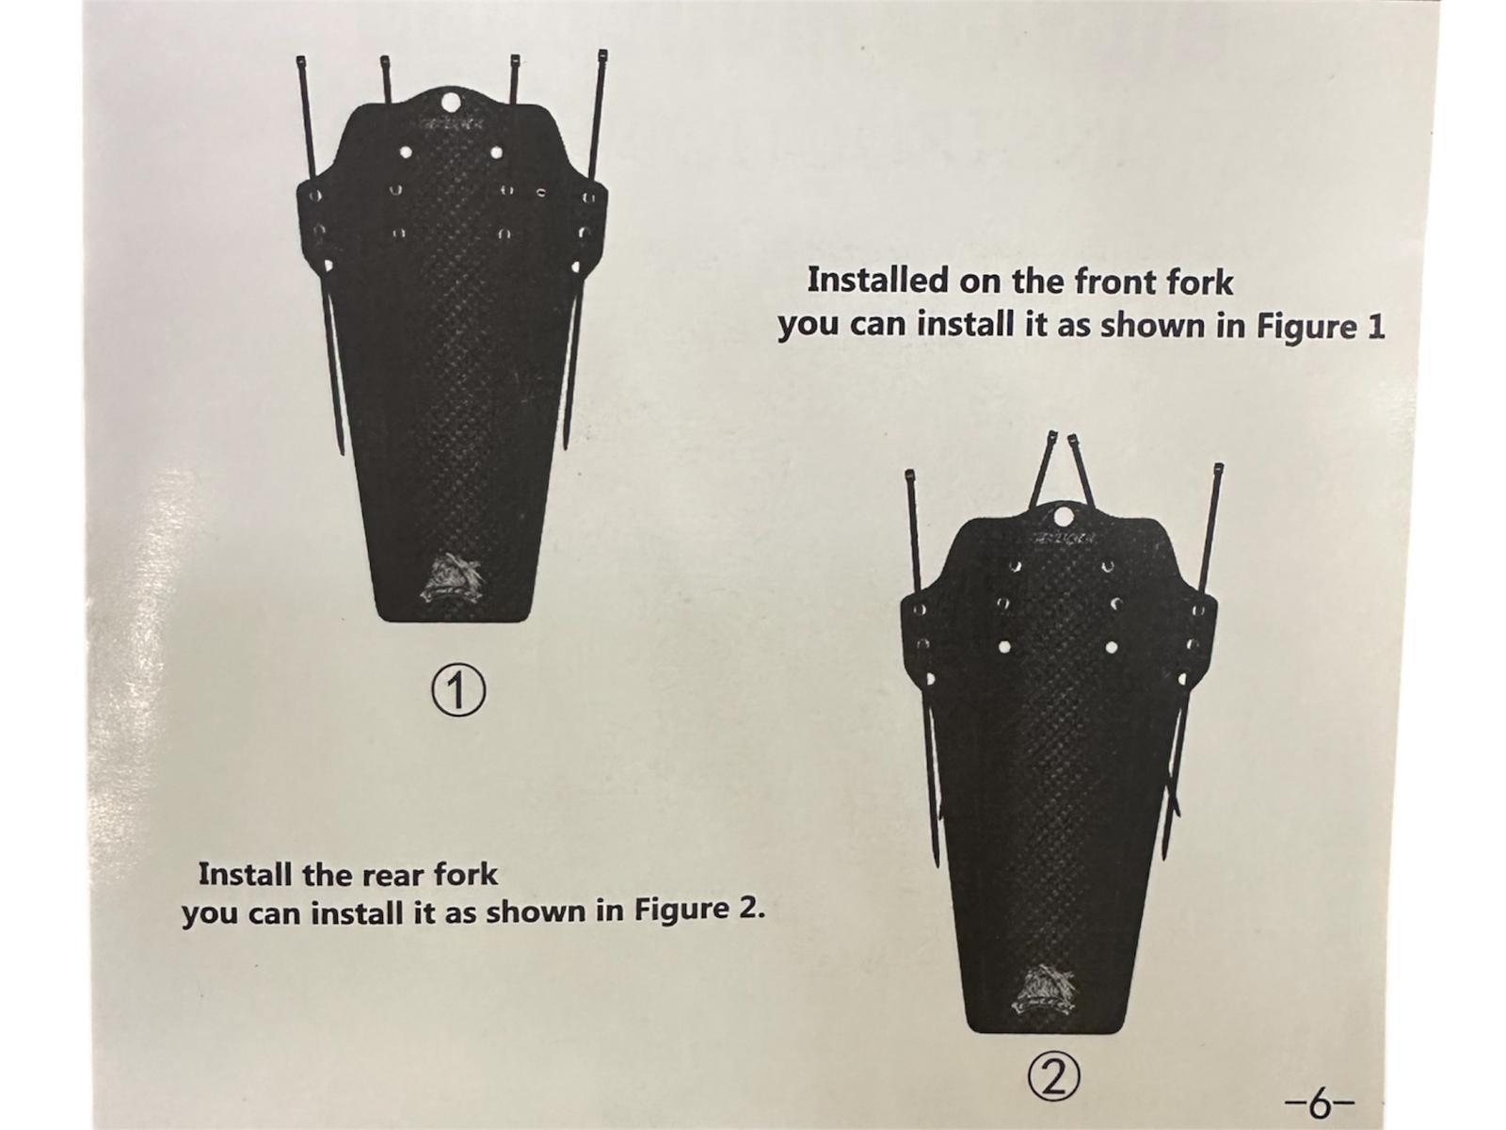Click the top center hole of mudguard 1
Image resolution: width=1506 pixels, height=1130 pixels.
pos(451,103)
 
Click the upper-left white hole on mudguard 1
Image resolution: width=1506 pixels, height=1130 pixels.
pos(407,151)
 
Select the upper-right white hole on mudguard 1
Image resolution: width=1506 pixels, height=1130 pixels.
pos(496,151)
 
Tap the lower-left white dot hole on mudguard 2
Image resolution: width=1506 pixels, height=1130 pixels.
pos(1003,646)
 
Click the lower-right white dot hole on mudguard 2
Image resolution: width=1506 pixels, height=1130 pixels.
pos(1112,646)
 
